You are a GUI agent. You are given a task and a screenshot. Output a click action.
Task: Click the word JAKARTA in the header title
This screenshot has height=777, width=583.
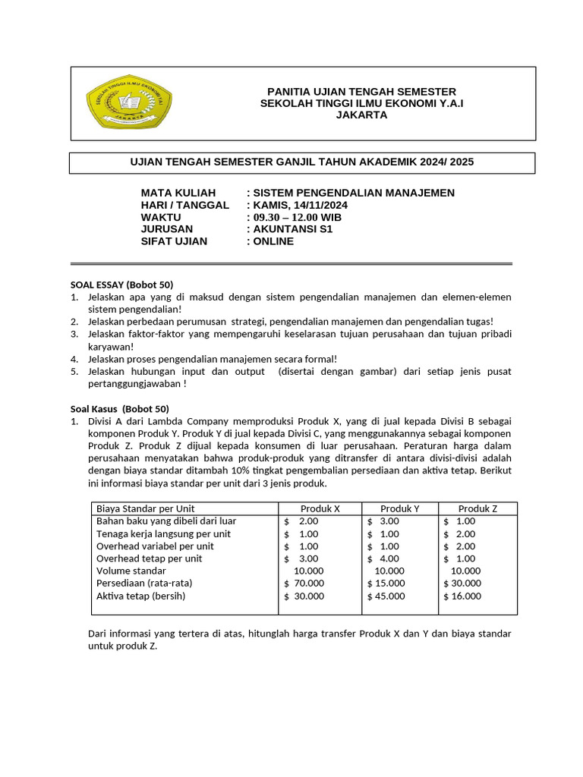coord(361,115)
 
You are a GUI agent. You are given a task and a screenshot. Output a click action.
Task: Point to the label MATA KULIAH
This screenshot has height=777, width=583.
coord(178,193)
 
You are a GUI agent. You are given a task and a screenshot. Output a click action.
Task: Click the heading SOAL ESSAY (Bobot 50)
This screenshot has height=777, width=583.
coord(121,285)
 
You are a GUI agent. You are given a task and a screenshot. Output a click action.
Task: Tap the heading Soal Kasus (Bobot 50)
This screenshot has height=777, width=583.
coord(120,408)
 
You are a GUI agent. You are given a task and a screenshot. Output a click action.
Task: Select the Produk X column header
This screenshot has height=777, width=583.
coord(320,508)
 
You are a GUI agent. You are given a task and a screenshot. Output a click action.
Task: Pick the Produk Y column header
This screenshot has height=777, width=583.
coord(400,508)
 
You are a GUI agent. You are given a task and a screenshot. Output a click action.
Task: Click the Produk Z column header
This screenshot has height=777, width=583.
coord(478,508)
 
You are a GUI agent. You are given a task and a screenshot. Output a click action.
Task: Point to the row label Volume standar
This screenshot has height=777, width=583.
coord(131,571)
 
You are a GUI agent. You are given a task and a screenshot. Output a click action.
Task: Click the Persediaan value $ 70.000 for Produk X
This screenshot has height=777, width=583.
coord(304,584)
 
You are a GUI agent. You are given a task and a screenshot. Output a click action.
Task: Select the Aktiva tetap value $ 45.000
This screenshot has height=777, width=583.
coord(386,596)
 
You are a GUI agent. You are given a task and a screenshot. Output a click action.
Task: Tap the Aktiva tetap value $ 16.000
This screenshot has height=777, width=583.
coord(462,596)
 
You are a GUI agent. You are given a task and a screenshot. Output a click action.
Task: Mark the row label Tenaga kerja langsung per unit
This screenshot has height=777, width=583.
coord(162,533)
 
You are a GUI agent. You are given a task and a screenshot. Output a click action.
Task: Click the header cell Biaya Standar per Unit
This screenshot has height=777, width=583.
coord(145,508)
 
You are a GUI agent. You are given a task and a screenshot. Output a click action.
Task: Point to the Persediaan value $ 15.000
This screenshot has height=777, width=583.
coord(386,584)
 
